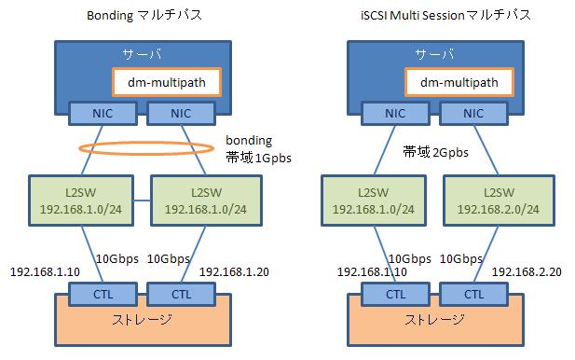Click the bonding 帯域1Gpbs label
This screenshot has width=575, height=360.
258,149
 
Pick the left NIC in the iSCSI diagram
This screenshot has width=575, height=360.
395,112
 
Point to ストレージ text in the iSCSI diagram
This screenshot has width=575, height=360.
433,320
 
